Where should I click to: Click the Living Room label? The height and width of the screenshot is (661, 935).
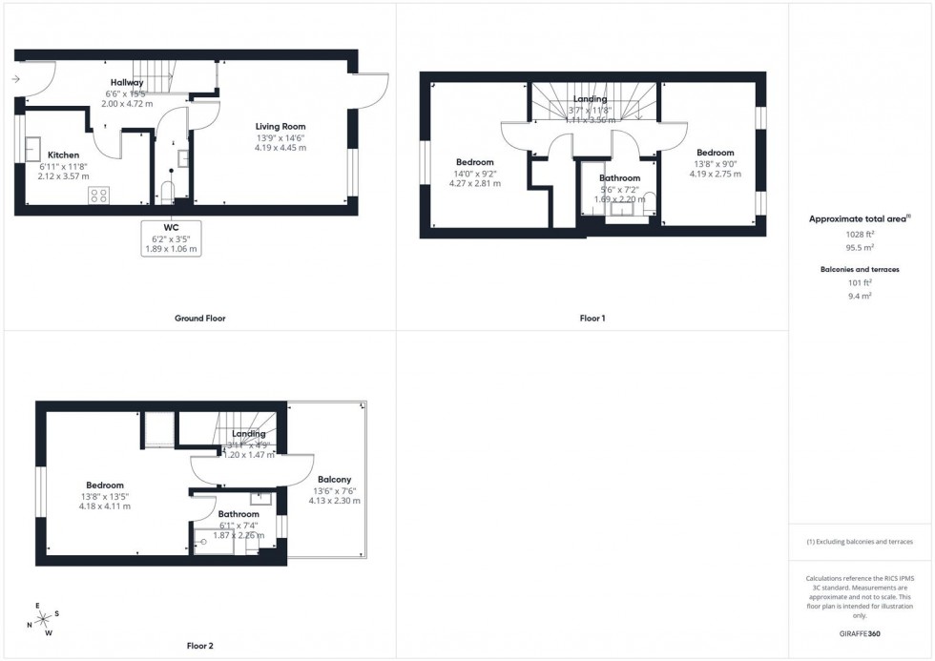pos(280,127)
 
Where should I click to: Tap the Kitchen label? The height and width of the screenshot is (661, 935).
pos(64,155)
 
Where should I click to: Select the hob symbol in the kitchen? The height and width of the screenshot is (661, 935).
pos(98,195)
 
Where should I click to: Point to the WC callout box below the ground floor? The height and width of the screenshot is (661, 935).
pos(173,237)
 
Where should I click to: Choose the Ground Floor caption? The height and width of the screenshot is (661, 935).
pos(200,318)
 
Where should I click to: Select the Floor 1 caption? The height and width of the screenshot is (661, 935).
pos(592,318)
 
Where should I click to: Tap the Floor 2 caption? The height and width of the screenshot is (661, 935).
pos(199,646)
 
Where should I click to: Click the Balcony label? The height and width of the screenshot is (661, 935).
pos(334,480)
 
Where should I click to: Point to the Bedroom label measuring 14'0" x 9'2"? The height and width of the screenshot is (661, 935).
pos(474,162)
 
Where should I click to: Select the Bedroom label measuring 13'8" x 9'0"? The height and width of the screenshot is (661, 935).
pos(715,153)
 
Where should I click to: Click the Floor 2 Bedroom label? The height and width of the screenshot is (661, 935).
pos(104,485)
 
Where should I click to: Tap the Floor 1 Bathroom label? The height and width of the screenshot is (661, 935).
pos(619,178)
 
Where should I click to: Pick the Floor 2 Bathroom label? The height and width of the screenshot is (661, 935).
pos(238,514)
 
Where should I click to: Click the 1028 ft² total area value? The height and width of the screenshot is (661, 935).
pos(860,234)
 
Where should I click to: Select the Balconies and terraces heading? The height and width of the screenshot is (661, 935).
pos(860,270)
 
